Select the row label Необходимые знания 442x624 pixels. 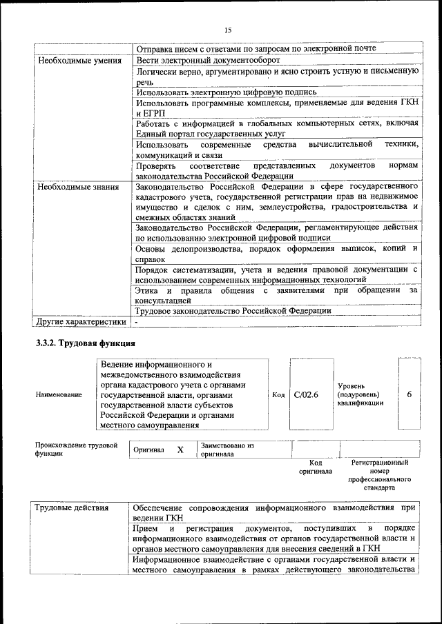(x=77, y=187)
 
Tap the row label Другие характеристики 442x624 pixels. (x=81, y=321)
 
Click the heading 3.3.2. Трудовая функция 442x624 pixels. (x=85, y=343)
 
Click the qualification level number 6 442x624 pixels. (x=410, y=394)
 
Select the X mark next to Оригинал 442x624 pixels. (x=180, y=450)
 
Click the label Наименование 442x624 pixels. (x=58, y=395)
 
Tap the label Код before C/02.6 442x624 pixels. (x=278, y=395)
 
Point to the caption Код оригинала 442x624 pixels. (x=316, y=467)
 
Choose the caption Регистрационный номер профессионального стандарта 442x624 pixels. (x=379, y=475)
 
